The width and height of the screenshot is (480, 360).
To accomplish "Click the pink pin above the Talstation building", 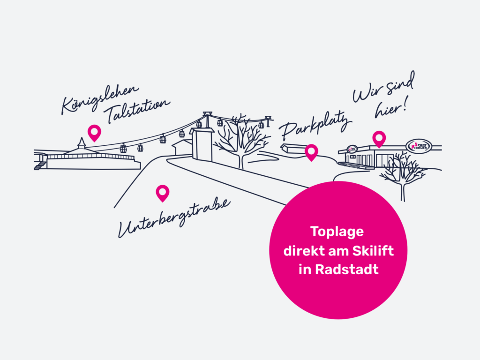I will (94, 132).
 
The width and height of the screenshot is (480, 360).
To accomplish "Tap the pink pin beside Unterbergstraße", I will (162, 192).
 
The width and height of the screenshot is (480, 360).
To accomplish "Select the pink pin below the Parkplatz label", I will (311, 151).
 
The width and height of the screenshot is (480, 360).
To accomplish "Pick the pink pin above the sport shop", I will (379, 138).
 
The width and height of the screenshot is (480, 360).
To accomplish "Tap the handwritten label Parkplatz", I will (315, 125).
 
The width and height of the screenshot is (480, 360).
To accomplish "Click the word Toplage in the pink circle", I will (337, 232).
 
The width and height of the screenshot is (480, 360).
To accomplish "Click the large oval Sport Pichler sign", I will (418, 145).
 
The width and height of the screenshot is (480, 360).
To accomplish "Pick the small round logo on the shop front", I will (352, 149).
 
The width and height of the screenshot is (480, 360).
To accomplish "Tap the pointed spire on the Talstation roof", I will (82, 142).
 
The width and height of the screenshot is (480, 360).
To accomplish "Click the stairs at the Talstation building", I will (40, 165).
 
